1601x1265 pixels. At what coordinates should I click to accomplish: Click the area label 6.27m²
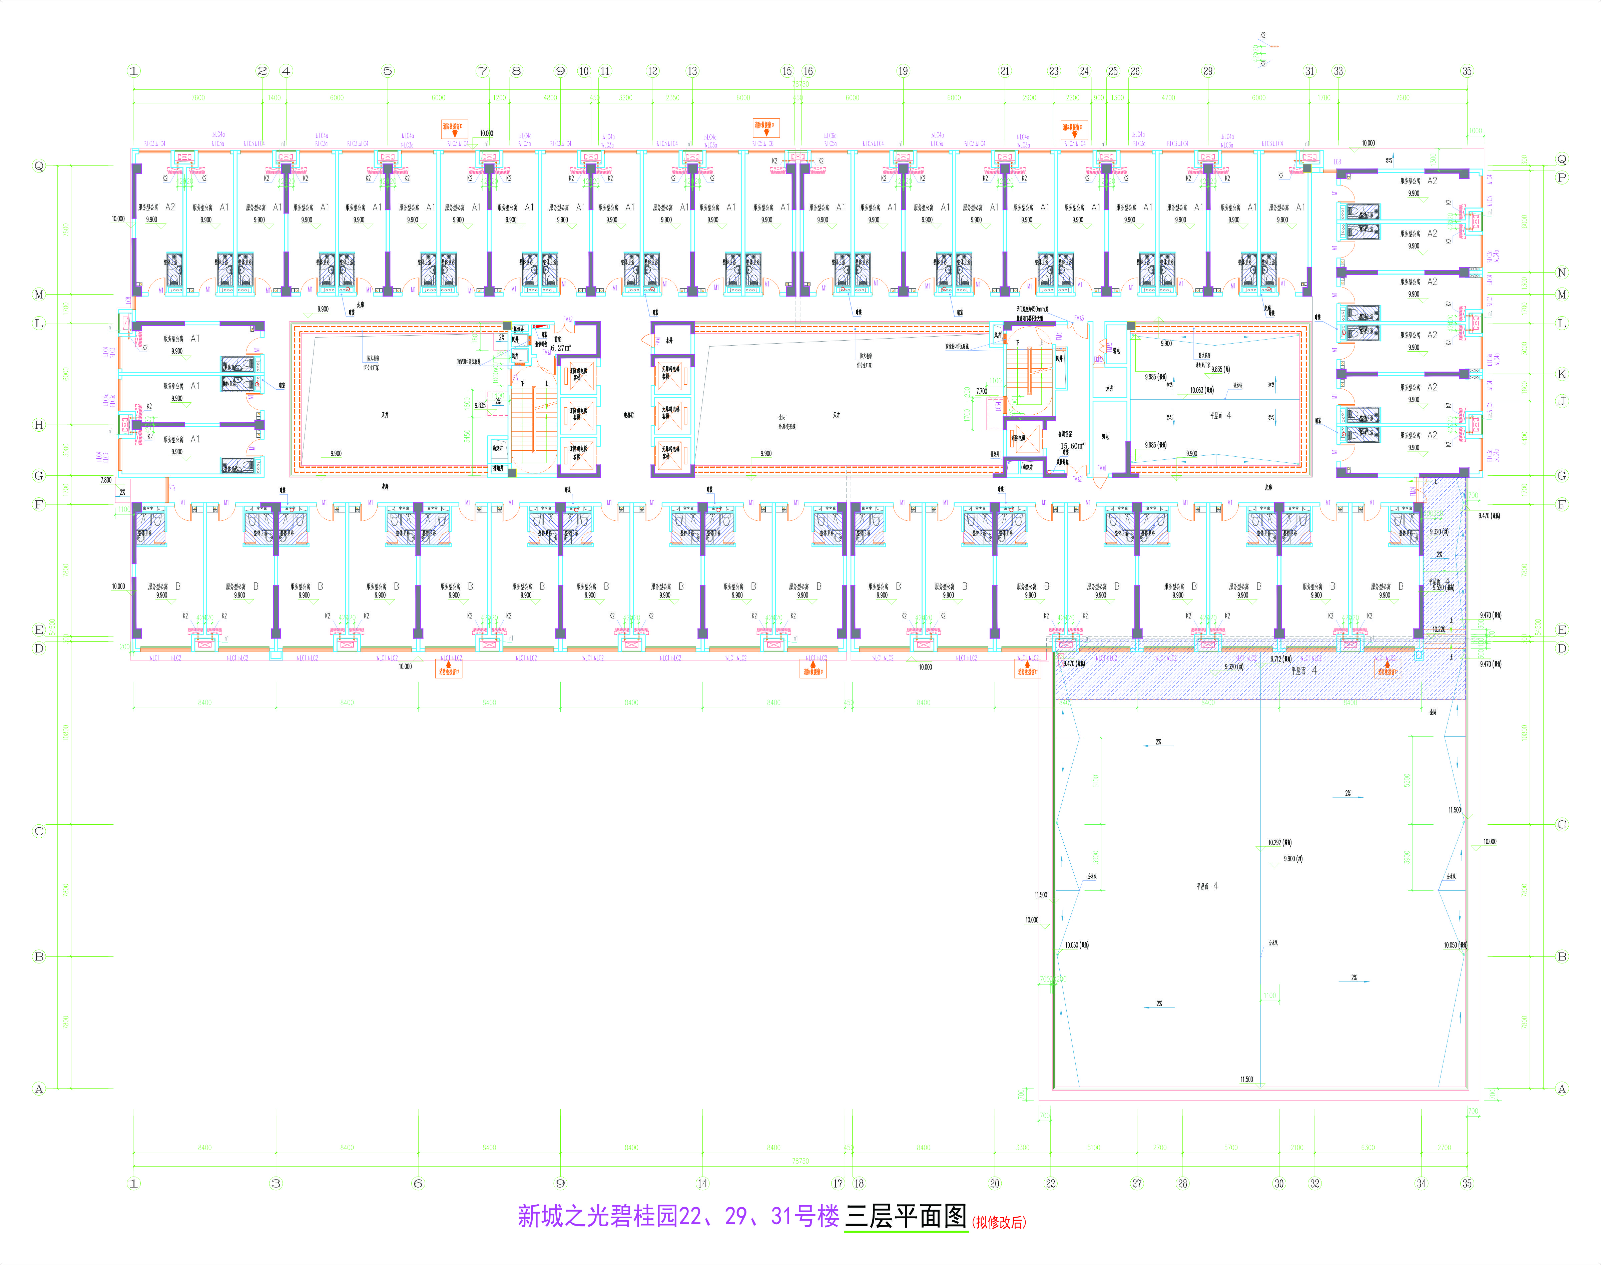[561, 347]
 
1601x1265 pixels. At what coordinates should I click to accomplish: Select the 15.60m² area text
[1072, 446]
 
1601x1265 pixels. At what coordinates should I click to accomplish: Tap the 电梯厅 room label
[629, 415]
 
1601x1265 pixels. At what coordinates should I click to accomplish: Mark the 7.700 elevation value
[981, 391]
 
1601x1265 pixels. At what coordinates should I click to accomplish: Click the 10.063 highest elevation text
[1201, 390]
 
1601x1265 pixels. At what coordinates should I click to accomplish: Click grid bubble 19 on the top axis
[903, 71]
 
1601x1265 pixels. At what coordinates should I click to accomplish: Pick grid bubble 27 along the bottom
[1137, 1184]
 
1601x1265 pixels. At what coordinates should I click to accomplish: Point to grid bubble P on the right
[1562, 178]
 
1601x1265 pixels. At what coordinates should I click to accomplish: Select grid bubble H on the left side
[39, 425]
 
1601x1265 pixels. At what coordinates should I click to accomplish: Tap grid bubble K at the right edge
[1562, 374]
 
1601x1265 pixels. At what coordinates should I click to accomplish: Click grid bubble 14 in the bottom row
[702, 1184]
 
